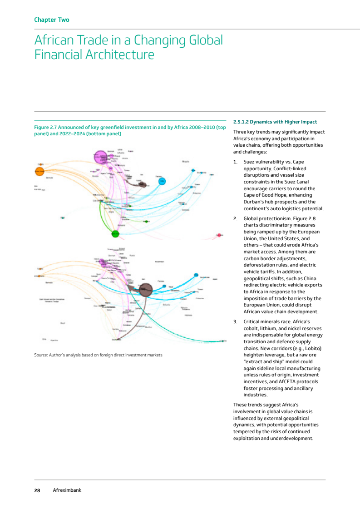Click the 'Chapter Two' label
(x=52, y=20)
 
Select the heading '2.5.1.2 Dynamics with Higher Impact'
(x=275, y=122)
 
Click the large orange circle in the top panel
(x=39, y=171)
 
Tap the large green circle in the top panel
(x=115, y=234)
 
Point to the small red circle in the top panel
(x=219, y=235)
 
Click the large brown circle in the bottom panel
(x=145, y=289)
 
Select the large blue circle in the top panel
(x=162, y=182)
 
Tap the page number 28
(x=37, y=490)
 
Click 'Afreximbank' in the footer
(x=67, y=490)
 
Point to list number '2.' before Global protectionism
(x=235, y=218)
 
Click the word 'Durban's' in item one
(x=254, y=202)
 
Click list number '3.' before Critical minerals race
(x=235, y=321)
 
